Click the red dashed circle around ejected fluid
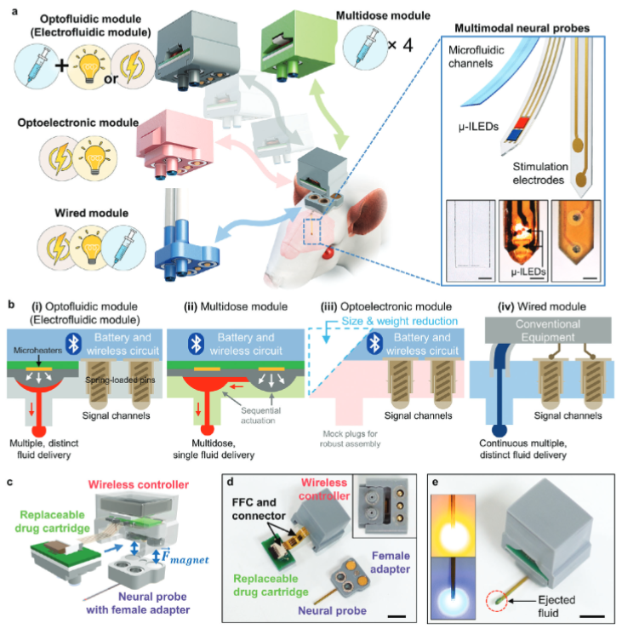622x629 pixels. coord(492,586)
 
